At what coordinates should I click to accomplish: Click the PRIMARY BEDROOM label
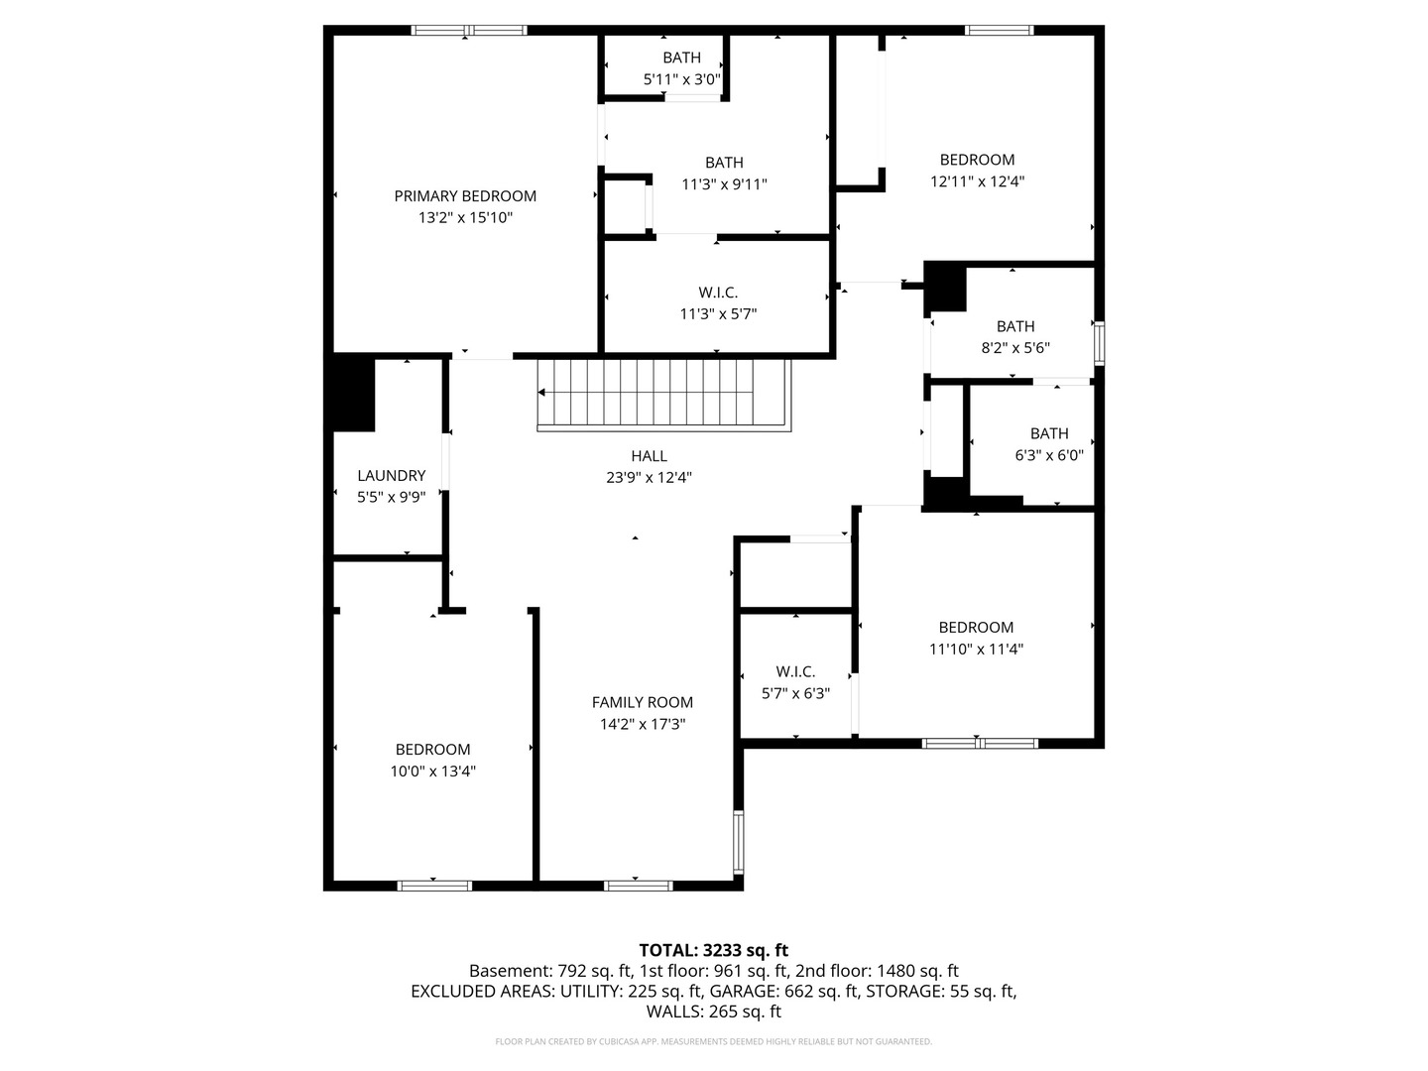tap(465, 196)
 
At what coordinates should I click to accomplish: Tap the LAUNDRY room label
tap(391, 476)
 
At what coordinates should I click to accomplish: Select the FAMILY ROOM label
tap(643, 702)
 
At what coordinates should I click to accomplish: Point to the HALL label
tap(649, 456)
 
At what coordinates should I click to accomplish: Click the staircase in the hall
tap(664, 394)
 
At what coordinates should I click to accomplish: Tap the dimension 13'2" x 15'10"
tap(465, 218)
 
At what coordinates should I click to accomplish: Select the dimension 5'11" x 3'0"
tap(682, 79)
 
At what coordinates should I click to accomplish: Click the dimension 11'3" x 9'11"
tap(724, 184)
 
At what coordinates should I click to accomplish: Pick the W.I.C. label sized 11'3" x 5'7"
tap(718, 293)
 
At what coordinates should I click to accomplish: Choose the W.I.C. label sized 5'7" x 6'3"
tap(795, 672)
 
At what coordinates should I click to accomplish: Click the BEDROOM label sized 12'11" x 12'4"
tap(977, 160)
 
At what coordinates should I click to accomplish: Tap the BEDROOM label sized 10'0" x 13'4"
tap(432, 750)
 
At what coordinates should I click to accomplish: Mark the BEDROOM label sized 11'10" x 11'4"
tap(976, 628)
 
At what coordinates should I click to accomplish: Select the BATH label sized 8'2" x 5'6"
tap(1015, 326)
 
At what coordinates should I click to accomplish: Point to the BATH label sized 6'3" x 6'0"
tap(1049, 433)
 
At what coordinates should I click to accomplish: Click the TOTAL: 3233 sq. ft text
tap(713, 951)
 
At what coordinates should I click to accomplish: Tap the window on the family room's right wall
tap(738, 842)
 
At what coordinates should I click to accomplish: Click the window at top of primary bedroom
tap(469, 31)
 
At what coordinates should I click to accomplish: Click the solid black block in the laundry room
tap(353, 393)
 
